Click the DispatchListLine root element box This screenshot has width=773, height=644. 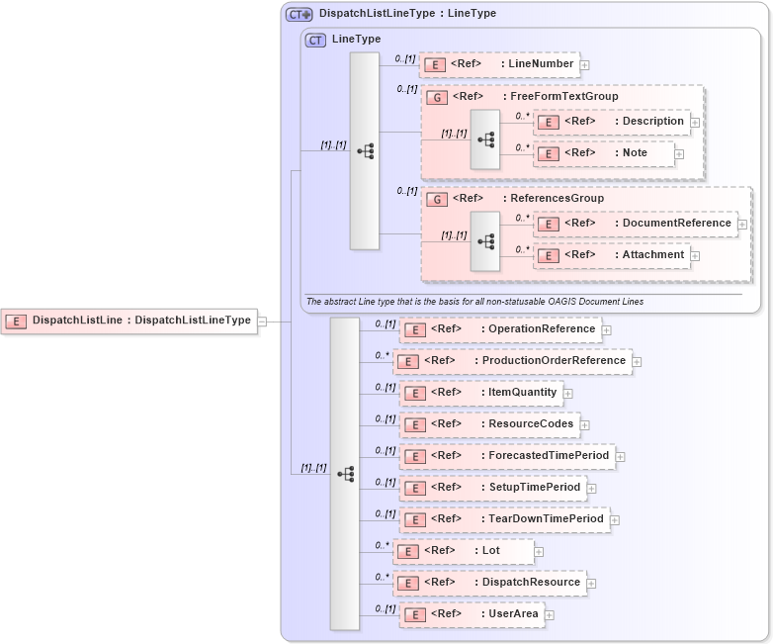pos(129,321)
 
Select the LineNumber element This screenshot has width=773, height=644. pos(499,64)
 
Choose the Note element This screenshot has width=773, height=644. pos(603,153)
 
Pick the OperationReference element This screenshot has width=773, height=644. pos(500,329)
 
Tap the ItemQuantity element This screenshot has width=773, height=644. pos(481,393)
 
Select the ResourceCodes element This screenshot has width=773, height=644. pos(489,424)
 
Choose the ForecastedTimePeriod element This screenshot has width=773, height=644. pos(507,456)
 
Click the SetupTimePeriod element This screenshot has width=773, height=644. pos(493,488)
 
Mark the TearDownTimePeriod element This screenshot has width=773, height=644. pos(504,519)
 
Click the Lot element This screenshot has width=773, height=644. pos(464,551)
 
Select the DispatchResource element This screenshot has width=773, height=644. pos(489,583)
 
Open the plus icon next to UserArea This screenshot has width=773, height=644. pos(550,615)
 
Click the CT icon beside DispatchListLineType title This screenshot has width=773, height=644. pos(299,15)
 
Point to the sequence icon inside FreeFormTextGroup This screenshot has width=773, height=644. pos(485,139)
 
